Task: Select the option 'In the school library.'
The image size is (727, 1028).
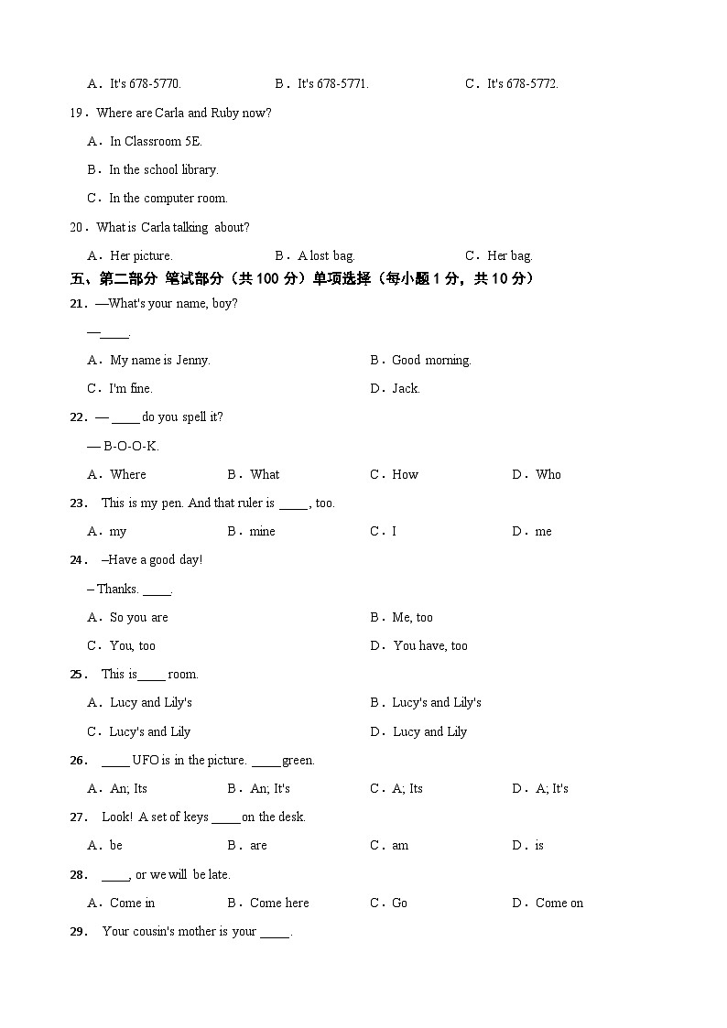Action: [163, 169]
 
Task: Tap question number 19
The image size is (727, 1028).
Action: [78, 113]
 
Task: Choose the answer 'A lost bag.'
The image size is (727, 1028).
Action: [326, 255]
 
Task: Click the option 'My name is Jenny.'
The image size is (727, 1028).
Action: [159, 360]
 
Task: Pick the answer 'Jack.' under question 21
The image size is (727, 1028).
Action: [406, 388]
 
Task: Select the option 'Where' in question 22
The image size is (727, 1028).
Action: [127, 474]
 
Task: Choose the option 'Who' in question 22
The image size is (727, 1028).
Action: [548, 474]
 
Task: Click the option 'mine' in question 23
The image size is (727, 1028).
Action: [262, 531]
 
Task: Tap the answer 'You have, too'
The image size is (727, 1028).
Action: [429, 645]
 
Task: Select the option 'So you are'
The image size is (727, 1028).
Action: [138, 617]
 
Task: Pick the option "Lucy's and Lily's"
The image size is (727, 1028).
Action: [436, 702]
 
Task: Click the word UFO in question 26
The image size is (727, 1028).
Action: [146, 760]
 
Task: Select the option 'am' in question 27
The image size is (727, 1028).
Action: [400, 845]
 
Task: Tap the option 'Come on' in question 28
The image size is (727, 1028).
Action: [559, 903]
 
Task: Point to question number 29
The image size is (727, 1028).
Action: [78, 931]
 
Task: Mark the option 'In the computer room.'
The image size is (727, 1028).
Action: [168, 198]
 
